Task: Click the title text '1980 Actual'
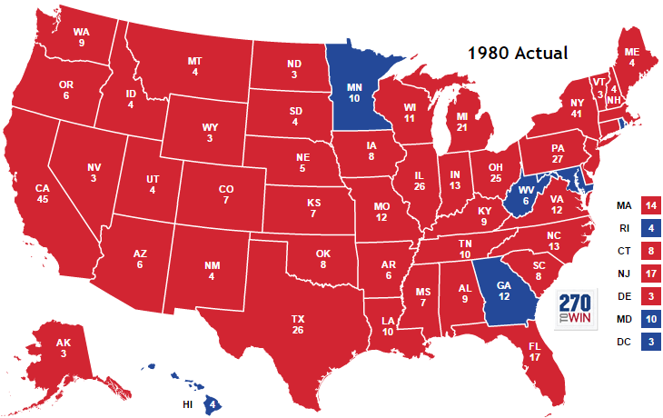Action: click(517, 53)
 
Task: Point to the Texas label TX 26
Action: click(297, 324)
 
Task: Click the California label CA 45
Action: click(42, 194)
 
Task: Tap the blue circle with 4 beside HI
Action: click(212, 403)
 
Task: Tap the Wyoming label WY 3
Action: click(209, 133)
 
